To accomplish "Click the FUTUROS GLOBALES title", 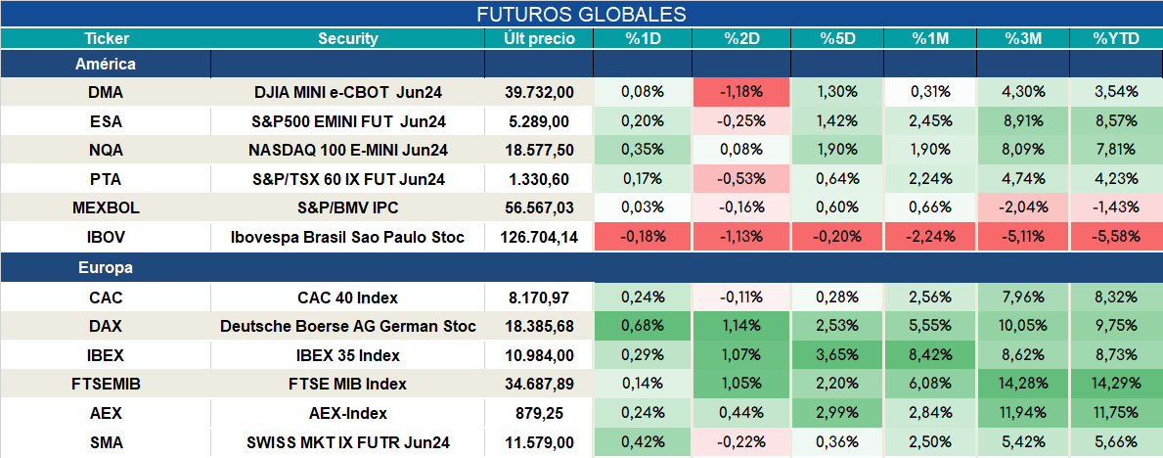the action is pos(581,14).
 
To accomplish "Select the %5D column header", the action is pos(837,39).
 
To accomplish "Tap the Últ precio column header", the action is pos(539,39).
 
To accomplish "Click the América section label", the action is pos(106,65).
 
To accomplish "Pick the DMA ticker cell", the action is pos(106,92).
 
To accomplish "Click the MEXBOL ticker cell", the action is pos(106,208).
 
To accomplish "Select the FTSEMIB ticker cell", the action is pos(106,385).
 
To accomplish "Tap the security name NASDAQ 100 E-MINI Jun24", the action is pos(348,150).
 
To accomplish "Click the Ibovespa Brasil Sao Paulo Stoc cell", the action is pos(348,238).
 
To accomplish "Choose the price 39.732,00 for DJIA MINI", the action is pos(539,92).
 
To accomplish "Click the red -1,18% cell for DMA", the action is pos(741,92).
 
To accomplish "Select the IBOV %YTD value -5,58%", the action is pos(1115,238).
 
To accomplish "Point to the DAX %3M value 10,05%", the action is pos(1023,326).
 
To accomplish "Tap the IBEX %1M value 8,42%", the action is pos(930,355).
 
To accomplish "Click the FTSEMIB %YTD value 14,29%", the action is pos(1115,385).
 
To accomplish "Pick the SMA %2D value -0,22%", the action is pos(741,443).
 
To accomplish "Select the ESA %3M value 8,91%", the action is pos(1023,121).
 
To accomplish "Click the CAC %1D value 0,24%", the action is pos(643,297).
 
